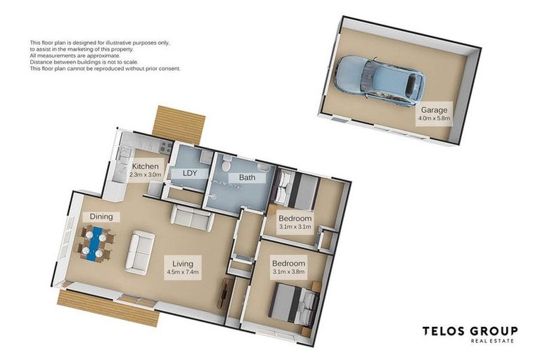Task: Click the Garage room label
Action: pos(435,114)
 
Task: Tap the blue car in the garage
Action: pos(380,80)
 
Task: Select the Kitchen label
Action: pos(146,170)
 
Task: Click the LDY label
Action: pos(190,173)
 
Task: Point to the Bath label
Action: pos(247,177)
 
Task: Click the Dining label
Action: pos(101,217)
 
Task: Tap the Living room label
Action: pos(183,267)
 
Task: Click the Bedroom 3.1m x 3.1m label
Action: pos(295,222)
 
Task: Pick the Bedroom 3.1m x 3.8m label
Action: pos(288,267)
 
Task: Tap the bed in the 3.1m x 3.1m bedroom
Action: pos(295,189)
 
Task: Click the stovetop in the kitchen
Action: pos(165,147)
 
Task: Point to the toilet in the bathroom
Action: pos(226,164)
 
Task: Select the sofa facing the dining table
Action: pos(140,252)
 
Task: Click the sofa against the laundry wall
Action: pos(191,217)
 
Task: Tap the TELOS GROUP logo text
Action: pos(470,331)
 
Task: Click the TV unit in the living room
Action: pos(224,292)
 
